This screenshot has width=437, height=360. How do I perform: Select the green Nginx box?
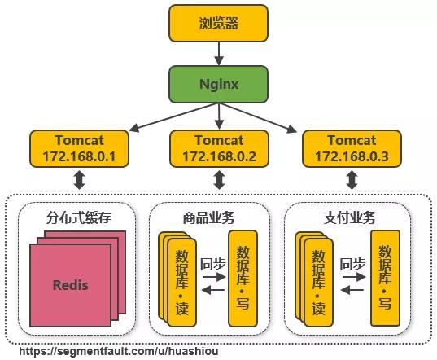(x=218, y=84)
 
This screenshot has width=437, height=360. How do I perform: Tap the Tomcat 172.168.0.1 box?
(x=80, y=147)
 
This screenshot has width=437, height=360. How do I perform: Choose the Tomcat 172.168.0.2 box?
(x=218, y=147)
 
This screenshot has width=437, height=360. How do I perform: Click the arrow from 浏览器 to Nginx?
(x=218, y=54)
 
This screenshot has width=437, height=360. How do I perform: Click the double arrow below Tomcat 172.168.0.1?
(x=80, y=179)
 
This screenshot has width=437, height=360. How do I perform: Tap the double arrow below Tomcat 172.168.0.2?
(x=218, y=179)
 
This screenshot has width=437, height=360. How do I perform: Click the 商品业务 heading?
(x=209, y=216)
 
